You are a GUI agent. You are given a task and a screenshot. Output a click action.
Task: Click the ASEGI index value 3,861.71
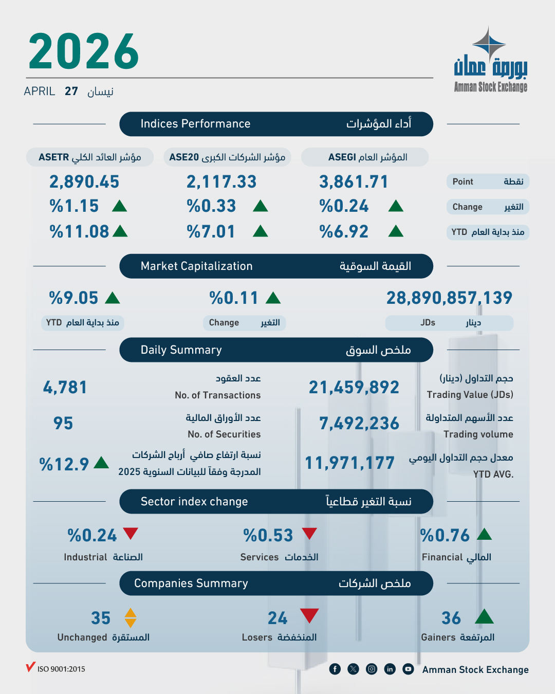click(354, 182)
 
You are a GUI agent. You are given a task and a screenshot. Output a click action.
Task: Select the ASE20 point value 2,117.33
click(221, 182)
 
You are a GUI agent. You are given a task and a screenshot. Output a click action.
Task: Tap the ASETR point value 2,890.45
click(84, 182)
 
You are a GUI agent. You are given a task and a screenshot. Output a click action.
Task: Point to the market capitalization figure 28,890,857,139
click(449, 298)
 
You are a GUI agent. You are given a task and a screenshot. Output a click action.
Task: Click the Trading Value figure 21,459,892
click(354, 388)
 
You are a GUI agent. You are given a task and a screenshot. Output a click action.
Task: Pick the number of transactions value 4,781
click(65, 388)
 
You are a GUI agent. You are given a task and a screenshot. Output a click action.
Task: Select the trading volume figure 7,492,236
click(359, 424)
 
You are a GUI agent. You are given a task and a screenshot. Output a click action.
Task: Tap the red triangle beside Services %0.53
click(309, 533)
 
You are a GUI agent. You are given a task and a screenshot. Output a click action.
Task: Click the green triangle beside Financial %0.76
click(484, 534)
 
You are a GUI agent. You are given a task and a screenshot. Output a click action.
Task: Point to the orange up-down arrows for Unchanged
click(131, 618)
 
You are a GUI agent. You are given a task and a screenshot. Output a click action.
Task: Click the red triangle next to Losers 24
click(309, 615)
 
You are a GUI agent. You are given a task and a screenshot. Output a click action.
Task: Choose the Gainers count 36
click(451, 618)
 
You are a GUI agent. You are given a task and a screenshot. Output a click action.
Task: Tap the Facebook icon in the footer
click(335, 669)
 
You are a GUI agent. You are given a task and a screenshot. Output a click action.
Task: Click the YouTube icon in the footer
click(408, 669)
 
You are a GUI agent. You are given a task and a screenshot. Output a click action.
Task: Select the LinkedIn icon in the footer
click(390, 669)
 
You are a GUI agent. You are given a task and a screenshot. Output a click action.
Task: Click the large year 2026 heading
click(84, 51)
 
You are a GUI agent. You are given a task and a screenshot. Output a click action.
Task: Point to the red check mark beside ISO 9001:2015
click(30, 667)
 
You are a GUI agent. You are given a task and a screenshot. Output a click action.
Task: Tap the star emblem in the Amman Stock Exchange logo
click(489, 44)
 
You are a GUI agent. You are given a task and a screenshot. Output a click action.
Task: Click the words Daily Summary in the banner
click(181, 350)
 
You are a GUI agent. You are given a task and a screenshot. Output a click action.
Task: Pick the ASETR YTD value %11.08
click(80, 232)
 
